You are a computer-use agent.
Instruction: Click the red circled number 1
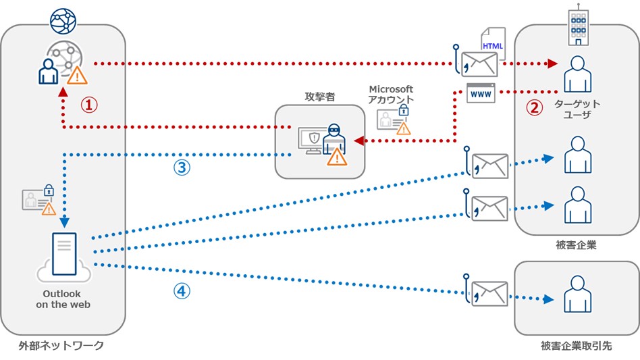tap(90, 105)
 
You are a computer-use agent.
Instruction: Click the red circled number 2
tap(534, 108)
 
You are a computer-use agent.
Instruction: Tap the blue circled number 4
tap(182, 291)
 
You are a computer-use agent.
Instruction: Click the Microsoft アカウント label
tap(391, 95)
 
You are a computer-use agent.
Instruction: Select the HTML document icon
tap(492, 44)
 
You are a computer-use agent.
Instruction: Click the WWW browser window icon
tap(481, 93)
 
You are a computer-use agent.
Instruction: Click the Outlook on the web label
tap(62, 299)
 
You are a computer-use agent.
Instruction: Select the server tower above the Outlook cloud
tap(64, 253)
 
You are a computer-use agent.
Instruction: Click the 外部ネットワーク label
tap(61, 346)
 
